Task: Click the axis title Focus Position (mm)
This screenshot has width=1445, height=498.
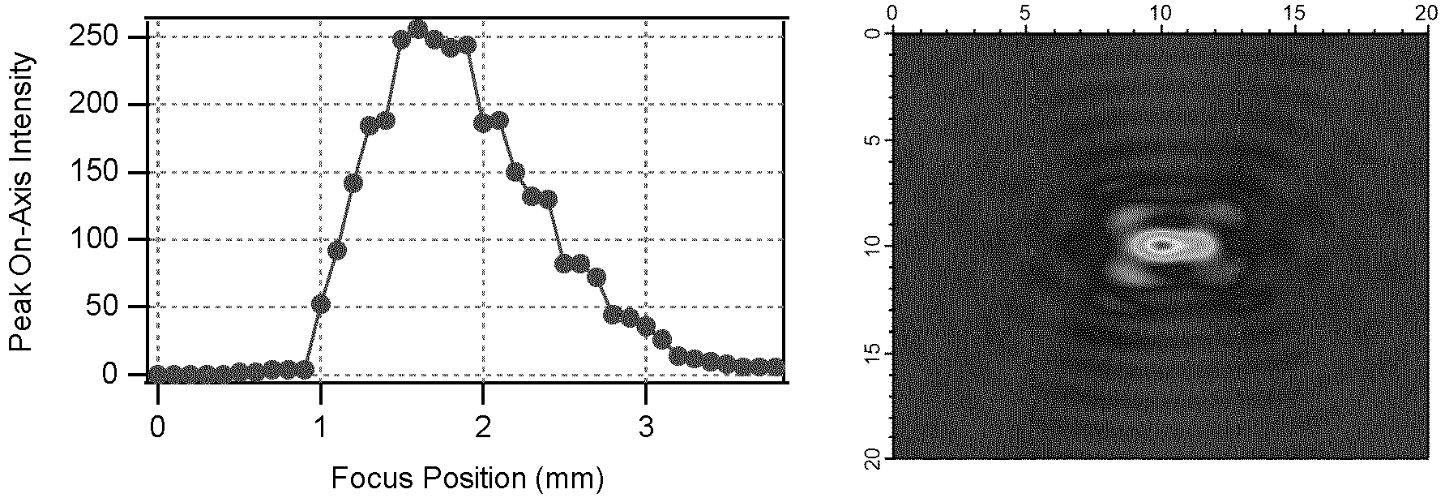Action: click(x=467, y=478)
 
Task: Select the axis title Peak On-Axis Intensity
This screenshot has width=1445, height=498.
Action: click(x=21, y=203)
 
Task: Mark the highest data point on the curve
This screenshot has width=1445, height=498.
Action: click(x=417, y=29)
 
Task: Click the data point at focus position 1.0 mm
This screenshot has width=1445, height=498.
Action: click(x=321, y=304)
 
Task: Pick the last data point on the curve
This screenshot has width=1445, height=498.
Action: click(x=776, y=367)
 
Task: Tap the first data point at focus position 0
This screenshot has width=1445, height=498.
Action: click(x=157, y=374)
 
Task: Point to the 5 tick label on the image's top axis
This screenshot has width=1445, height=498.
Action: click(x=1025, y=14)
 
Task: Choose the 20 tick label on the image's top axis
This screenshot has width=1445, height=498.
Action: click(x=1428, y=14)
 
